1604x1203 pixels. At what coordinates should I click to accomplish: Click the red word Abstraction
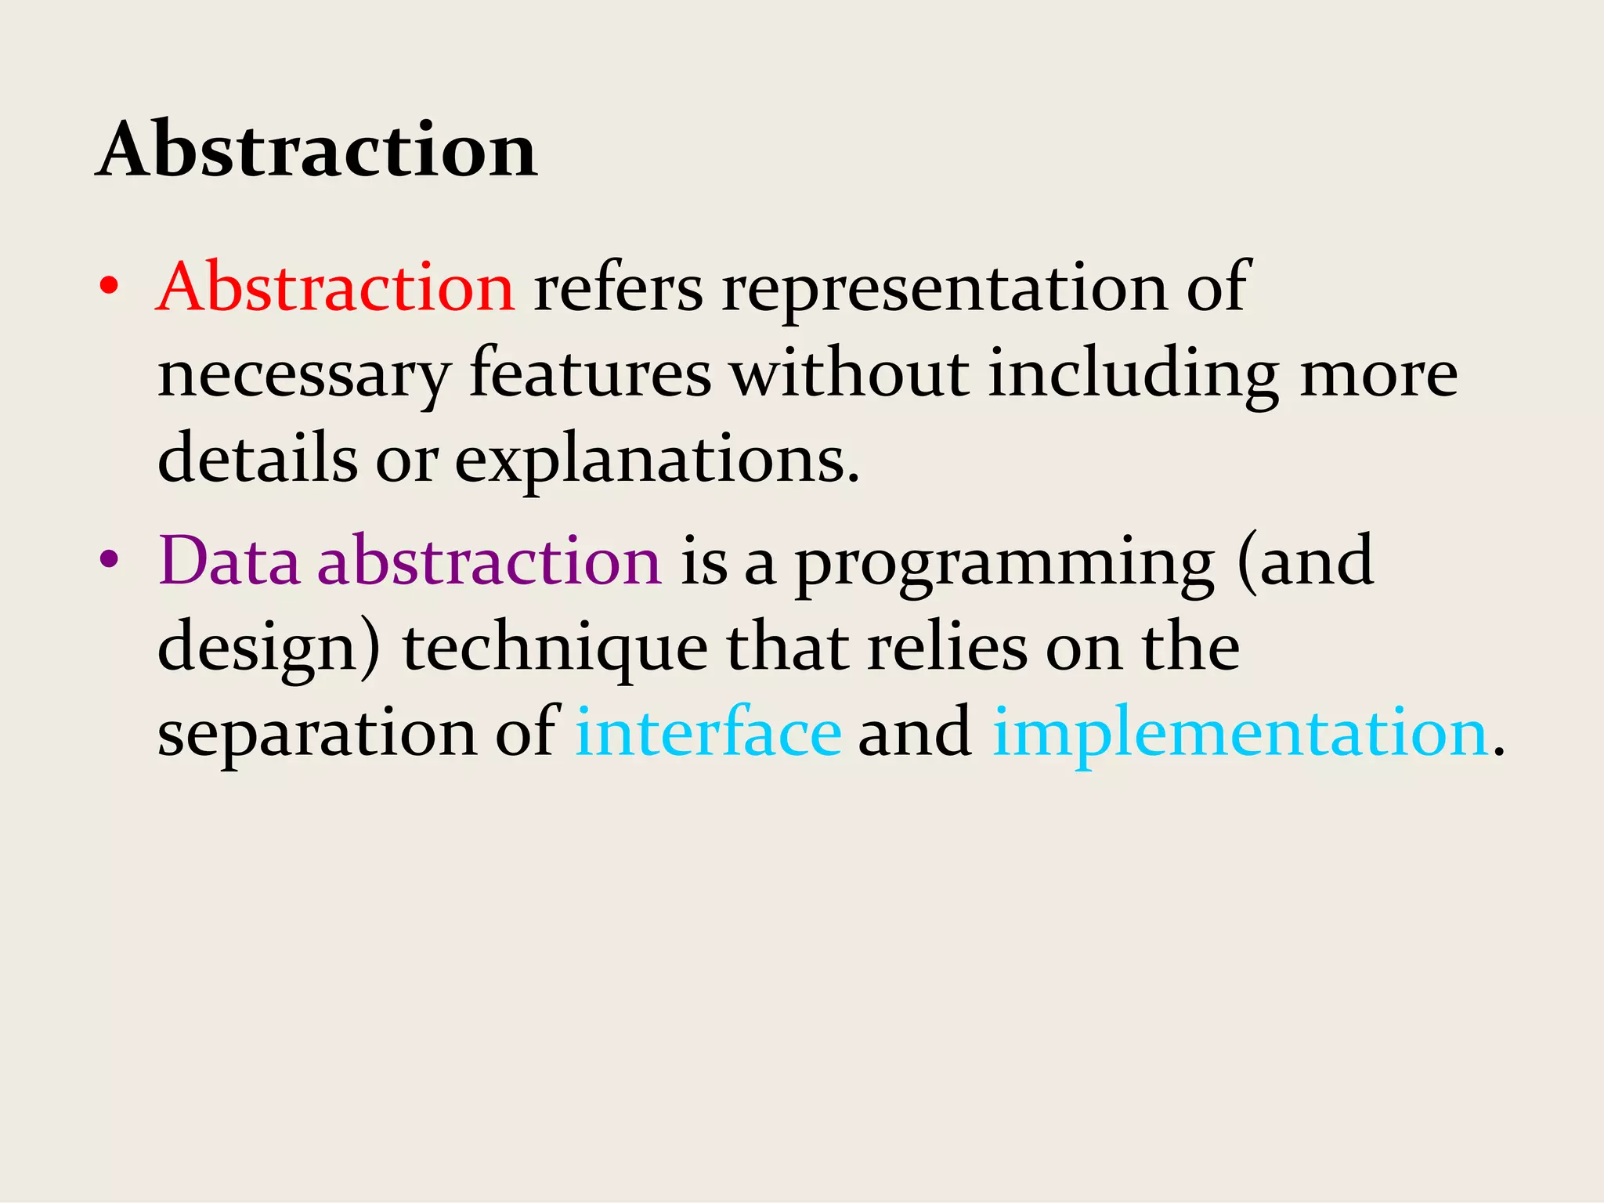(x=335, y=287)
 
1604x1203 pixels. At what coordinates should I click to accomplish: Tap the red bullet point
(x=109, y=287)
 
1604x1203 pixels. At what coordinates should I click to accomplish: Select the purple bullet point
(x=109, y=559)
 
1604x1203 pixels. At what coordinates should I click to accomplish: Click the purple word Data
(x=229, y=561)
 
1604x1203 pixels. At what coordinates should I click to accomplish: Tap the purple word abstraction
(x=490, y=561)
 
